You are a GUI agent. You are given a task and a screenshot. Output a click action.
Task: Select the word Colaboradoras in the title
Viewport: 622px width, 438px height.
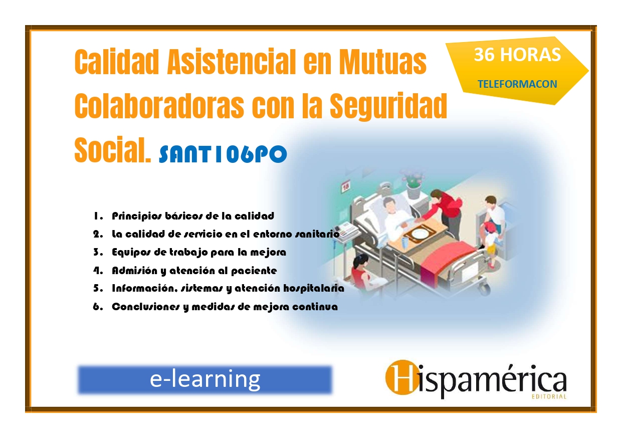[x=159, y=106]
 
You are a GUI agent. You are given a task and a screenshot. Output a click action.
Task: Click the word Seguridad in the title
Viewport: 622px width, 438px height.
[x=388, y=106]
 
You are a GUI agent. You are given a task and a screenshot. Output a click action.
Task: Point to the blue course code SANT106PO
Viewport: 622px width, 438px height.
[x=223, y=154]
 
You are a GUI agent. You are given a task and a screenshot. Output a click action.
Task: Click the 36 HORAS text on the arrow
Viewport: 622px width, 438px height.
[x=517, y=55]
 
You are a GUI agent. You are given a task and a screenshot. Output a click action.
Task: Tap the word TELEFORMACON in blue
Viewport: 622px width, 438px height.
[x=517, y=84]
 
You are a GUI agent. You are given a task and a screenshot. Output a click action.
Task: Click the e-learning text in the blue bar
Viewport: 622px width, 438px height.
[x=205, y=380]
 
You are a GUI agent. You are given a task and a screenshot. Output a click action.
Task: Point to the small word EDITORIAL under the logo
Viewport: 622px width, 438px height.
[x=549, y=396]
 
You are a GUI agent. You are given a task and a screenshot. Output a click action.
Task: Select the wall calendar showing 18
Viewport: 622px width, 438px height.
[x=346, y=186]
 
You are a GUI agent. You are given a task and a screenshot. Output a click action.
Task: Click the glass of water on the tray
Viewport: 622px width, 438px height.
[x=405, y=244]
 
